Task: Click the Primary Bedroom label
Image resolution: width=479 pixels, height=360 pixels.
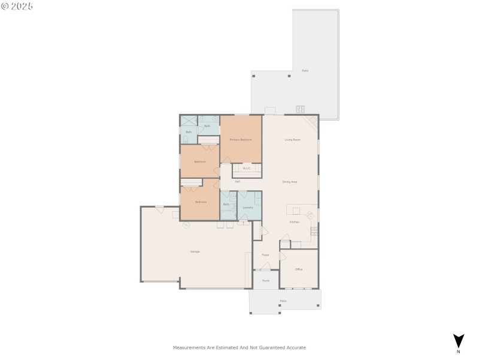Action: click(x=241, y=139)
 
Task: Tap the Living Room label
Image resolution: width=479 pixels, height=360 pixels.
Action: click(x=292, y=139)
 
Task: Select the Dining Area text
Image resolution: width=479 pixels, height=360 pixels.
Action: click(x=290, y=181)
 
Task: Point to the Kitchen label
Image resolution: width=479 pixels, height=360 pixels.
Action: click(x=294, y=222)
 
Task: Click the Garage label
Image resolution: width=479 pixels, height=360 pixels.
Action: click(x=195, y=251)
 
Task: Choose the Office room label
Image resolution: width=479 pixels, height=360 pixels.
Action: click(x=299, y=269)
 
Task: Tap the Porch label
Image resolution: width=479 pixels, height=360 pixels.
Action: click(x=266, y=280)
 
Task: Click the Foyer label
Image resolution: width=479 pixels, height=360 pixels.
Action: click(x=265, y=254)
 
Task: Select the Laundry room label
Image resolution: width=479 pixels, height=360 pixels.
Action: click(x=247, y=207)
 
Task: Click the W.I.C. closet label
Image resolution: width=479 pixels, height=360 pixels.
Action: click(x=246, y=168)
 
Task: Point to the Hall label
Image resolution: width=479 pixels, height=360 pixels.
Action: click(x=238, y=181)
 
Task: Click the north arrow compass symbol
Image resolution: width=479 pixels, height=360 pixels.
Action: click(x=459, y=341)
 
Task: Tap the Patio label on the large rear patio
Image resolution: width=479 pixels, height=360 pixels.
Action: click(x=305, y=71)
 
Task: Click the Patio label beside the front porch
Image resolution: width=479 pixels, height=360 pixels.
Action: click(x=283, y=301)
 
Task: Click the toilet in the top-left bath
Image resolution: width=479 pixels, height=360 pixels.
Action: click(x=186, y=139)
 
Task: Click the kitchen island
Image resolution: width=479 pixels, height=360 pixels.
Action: click(x=296, y=210)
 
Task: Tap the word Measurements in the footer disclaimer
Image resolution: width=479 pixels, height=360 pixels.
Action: click(x=189, y=347)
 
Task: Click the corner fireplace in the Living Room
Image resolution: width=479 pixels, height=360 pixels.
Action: click(x=312, y=121)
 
